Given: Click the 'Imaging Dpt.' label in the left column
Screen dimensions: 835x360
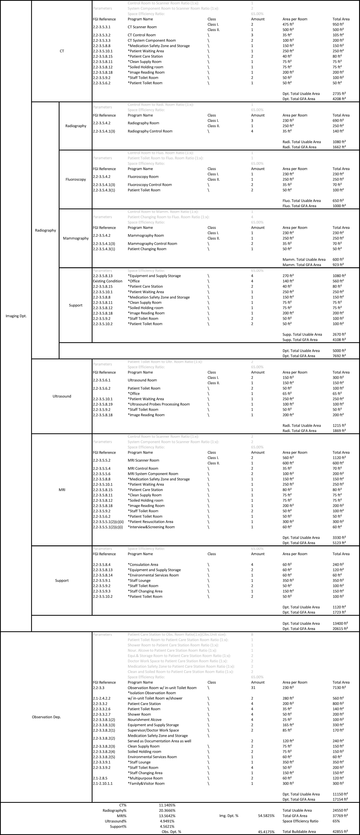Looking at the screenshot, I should [16, 316].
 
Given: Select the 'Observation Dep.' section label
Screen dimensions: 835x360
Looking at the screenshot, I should [46, 717].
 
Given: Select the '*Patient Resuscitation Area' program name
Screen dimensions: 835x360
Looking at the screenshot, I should [150, 522].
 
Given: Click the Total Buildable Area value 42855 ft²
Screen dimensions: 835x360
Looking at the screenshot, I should [340, 831].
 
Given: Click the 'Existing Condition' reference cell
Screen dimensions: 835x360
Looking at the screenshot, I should [108, 281].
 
